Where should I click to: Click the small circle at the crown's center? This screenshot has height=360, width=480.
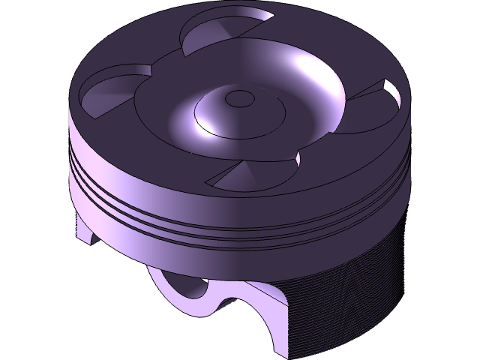coord(241,97)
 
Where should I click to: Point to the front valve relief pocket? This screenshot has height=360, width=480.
coord(251,177)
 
